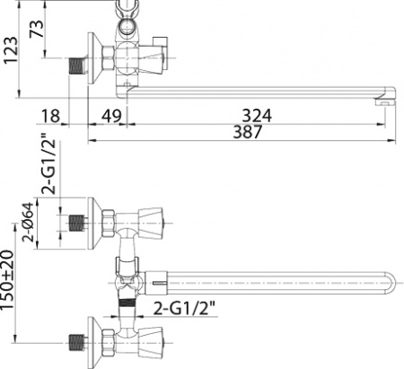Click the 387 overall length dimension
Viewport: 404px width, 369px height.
246,132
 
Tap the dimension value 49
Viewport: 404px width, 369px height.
110,114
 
